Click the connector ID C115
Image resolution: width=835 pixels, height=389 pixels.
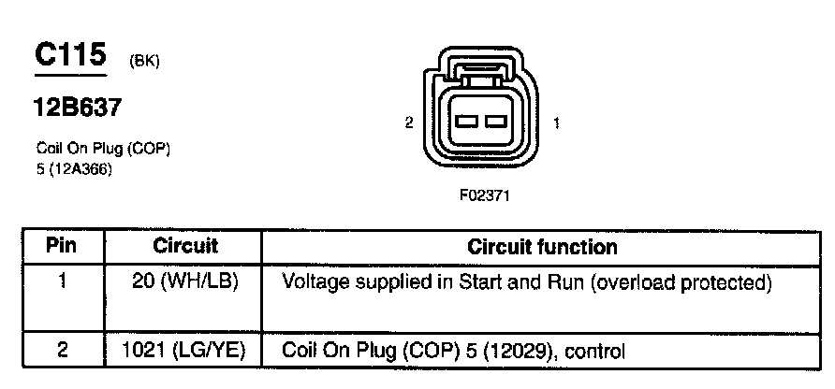[71, 55]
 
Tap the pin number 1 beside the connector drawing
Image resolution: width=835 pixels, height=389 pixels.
[558, 122]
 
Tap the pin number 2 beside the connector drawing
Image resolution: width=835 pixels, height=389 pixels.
[409, 122]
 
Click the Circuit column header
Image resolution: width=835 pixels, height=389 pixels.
[184, 247]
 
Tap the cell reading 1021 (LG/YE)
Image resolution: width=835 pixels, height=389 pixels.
[184, 353]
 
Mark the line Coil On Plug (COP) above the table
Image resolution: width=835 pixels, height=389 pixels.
[102, 149]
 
